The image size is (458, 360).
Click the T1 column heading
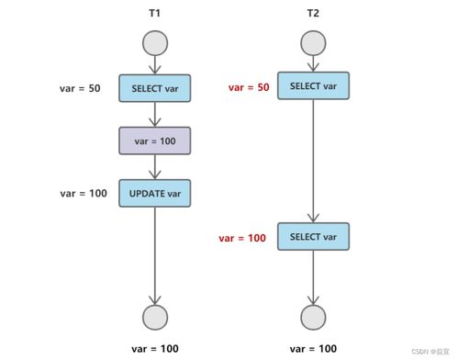point(154,13)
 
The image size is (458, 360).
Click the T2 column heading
point(313,13)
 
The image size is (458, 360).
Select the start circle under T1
point(154,42)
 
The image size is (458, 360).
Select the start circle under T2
point(313,42)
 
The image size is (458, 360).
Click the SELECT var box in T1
point(154,88)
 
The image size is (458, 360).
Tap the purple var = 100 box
point(154,141)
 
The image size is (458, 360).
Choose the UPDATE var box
point(154,193)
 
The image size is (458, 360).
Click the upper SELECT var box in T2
point(313,86)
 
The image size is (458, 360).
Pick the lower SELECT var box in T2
point(313,237)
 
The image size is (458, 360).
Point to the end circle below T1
point(154,317)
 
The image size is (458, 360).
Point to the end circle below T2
point(313,317)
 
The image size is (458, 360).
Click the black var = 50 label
point(79,88)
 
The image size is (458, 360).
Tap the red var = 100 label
point(242,238)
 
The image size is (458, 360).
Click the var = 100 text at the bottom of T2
point(313,349)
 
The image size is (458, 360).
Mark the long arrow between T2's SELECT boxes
point(313,161)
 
